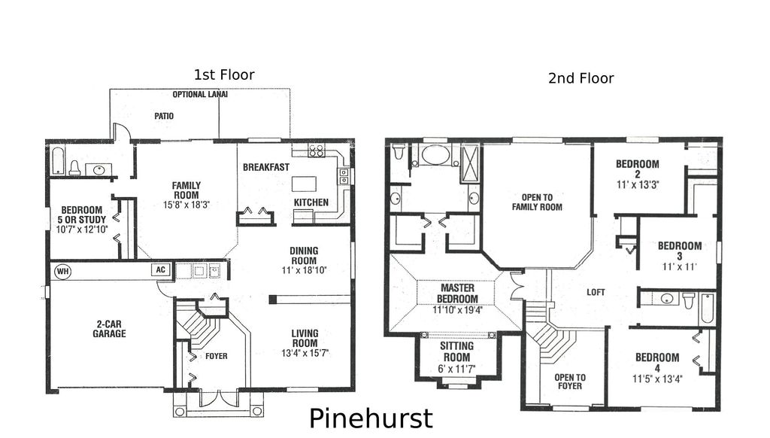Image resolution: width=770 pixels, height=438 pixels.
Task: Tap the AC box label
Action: pyautogui.click(x=160, y=269)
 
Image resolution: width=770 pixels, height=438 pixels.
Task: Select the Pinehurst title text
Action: pyautogui.click(x=371, y=418)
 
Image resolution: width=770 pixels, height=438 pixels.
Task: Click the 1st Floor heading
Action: pyautogui.click(x=224, y=75)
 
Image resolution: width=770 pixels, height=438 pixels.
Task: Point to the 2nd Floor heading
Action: pyautogui.click(x=581, y=78)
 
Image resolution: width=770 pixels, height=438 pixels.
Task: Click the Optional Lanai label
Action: pyautogui.click(x=200, y=95)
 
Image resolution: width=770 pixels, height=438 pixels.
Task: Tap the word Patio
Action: pyautogui.click(x=164, y=117)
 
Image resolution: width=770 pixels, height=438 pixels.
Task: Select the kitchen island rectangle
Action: pyautogui.click(x=304, y=184)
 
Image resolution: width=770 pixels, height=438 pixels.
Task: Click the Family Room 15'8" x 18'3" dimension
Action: pyautogui.click(x=186, y=205)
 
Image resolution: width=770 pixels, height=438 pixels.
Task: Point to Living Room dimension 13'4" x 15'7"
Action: pyautogui.click(x=305, y=352)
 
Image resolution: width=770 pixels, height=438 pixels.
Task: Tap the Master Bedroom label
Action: pyautogui.click(x=457, y=293)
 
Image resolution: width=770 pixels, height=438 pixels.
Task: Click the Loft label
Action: pyautogui.click(x=596, y=292)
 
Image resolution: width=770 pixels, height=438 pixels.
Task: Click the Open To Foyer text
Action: pyautogui.click(x=570, y=382)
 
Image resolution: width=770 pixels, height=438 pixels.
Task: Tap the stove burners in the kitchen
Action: pyautogui.click(x=315, y=151)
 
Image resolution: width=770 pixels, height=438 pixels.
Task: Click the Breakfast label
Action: pyautogui.click(x=265, y=167)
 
